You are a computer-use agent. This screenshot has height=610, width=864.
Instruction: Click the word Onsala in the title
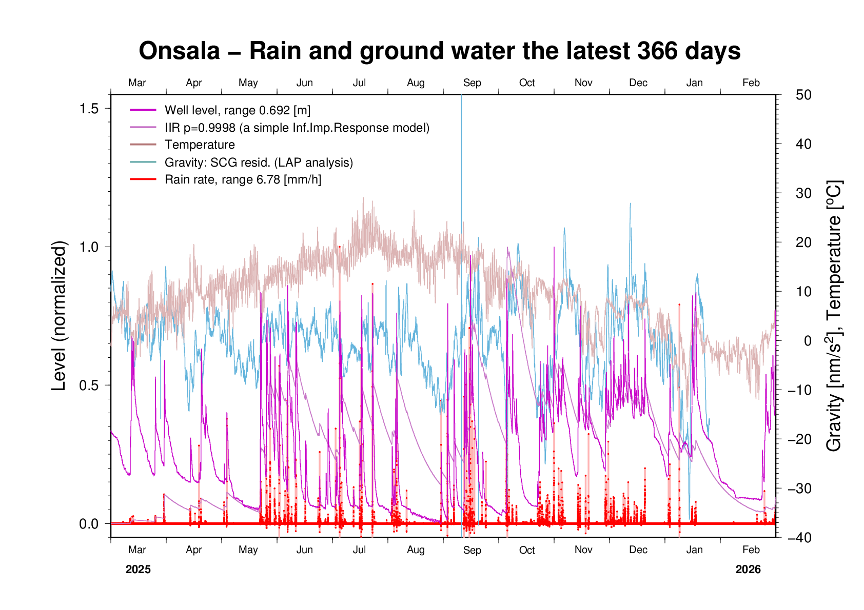click(179, 51)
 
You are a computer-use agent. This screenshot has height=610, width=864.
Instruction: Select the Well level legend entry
click(237, 110)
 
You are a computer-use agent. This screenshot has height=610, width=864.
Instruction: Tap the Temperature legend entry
click(200, 145)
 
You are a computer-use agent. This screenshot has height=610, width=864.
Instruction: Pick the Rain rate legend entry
click(243, 179)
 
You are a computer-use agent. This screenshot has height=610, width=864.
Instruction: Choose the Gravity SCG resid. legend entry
click(259, 162)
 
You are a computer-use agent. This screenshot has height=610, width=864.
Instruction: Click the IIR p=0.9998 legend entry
click(297, 128)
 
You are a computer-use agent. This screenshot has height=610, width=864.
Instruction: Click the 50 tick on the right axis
click(803, 95)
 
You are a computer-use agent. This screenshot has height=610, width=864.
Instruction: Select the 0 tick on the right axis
click(808, 341)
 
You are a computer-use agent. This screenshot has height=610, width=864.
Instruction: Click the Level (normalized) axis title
click(60, 316)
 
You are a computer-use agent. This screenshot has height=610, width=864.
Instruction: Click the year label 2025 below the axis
click(138, 570)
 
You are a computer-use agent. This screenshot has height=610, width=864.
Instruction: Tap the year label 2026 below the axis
click(748, 570)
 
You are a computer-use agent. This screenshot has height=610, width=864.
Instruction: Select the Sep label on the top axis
click(472, 83)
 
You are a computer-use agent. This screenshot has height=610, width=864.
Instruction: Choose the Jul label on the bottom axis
click(359, 550)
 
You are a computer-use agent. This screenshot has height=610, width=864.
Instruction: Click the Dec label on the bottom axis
click(638, 550)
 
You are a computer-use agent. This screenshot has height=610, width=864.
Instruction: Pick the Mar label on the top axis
click(137, 83)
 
